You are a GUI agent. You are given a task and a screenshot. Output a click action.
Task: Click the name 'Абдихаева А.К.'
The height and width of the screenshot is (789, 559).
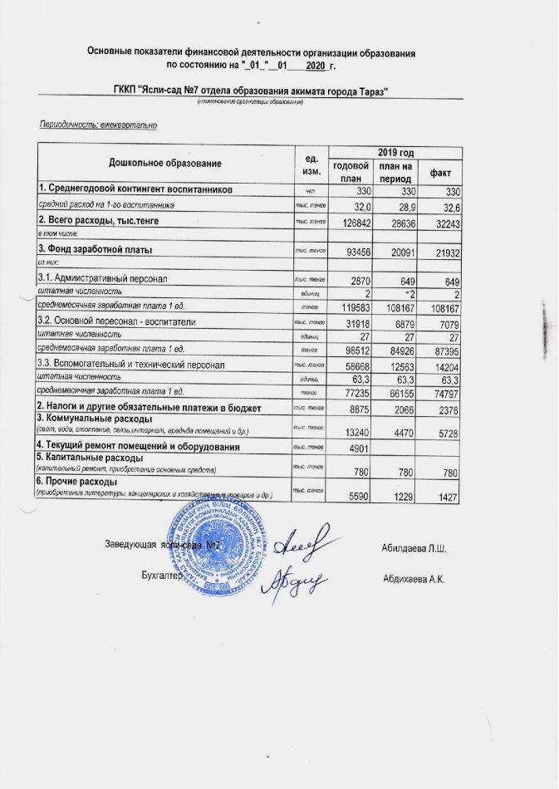(414, 578)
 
